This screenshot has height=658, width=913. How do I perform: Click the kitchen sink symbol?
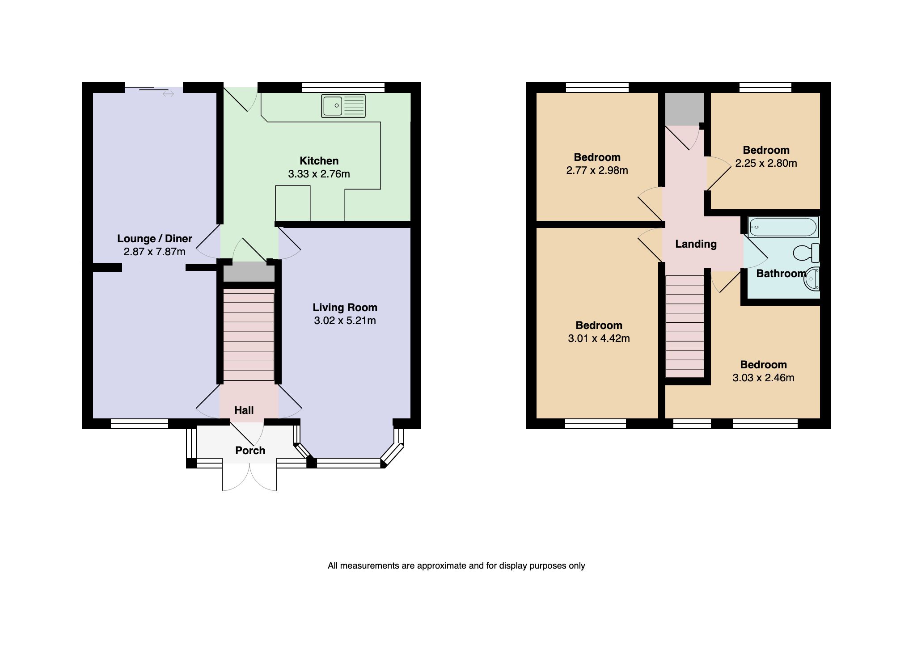343,106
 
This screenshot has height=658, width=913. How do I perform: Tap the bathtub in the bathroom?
783,227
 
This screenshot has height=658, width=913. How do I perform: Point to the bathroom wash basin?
812,279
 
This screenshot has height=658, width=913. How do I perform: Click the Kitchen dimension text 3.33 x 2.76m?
319,174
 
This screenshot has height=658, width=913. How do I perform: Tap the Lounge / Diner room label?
155,238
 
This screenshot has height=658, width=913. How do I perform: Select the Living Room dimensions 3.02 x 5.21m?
345,321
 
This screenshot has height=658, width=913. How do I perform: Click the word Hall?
244,410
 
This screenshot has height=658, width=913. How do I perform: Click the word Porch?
250,450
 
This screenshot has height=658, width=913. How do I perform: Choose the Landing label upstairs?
696,244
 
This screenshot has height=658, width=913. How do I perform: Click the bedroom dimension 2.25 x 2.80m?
766,163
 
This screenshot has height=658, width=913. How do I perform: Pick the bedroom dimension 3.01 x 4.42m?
599,338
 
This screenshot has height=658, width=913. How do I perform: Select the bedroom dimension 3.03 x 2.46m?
763,378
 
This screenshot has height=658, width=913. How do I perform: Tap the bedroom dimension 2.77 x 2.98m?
597,170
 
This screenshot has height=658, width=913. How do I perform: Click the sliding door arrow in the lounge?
168,94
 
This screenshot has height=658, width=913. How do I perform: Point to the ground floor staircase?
249,335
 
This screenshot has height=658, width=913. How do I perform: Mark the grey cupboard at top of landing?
684,109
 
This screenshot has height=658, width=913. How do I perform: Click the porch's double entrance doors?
249,477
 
